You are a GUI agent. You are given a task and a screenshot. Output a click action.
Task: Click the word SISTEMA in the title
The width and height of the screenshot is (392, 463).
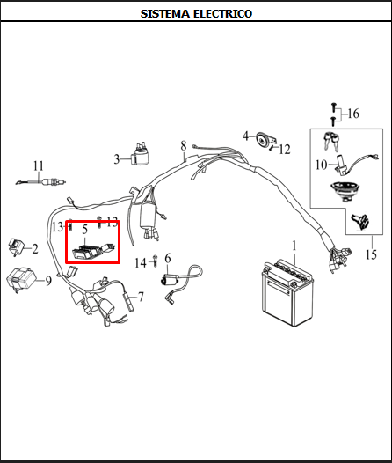(x=164, y=13)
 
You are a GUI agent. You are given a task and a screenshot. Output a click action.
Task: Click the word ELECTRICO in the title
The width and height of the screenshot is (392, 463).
(x=223, y=13)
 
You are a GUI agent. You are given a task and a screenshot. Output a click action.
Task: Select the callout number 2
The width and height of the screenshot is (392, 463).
(x=35, y=249)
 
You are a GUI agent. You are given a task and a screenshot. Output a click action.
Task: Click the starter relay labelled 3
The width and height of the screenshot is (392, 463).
(x=140, y=155)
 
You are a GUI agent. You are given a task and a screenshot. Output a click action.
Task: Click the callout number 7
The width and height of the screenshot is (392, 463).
(x=142, y=297)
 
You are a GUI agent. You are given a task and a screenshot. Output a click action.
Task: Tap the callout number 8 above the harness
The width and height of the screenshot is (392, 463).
(x=184, y=146)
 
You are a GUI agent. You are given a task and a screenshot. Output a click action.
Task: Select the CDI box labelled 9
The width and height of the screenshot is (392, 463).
(x=21, y=280)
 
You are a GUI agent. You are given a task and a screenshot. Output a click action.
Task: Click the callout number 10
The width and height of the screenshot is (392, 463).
(x=322, y=165)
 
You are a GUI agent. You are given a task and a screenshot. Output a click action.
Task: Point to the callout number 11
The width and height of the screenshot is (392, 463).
(x=39, y=166)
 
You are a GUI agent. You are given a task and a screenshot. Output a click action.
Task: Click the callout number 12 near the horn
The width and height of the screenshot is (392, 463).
(x=285, y=150)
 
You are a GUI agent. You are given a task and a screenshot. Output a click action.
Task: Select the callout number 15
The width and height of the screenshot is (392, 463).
(x=371, y=254)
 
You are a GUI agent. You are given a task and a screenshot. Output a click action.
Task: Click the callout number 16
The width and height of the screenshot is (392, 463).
(x=353, y=114)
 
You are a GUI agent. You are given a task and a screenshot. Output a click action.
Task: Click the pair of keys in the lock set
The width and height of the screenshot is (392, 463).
(x=331, y=141)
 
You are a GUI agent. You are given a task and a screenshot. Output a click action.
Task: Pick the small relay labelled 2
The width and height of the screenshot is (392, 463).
(x=16, y=246)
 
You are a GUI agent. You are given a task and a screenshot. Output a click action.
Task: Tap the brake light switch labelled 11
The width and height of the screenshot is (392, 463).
(x=40, y=182)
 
